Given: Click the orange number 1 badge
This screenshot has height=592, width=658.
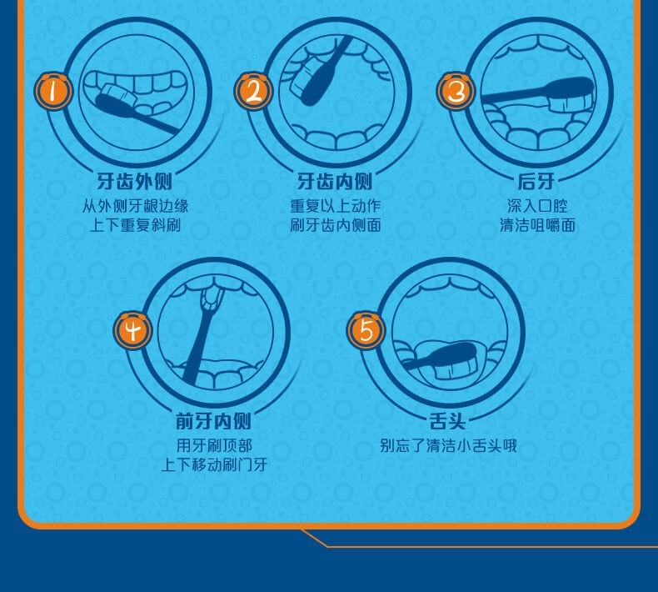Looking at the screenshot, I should (x=54, y=91).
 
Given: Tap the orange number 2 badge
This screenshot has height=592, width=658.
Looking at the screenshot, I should (x=253, y=91).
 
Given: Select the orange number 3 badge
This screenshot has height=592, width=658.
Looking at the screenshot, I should (x=456, y=92).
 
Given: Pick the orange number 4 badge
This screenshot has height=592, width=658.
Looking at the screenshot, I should (x=134, y=331).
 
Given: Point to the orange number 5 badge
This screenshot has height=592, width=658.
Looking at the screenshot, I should (x=366, y=331).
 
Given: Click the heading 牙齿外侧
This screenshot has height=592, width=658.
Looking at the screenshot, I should (x=134, y=181).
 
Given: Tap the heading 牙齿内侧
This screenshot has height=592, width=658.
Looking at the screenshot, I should (x=335, y=181).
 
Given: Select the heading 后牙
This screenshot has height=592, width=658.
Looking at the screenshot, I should (x=536, y=181).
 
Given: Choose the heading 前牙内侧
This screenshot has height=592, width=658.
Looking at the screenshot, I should (x=213, y=421).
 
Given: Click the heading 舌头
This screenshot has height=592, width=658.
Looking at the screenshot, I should (x=448, y=421).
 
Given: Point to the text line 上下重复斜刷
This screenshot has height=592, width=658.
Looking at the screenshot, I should (x=134, y=225).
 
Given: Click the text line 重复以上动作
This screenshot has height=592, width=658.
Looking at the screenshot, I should (x=335, y=205).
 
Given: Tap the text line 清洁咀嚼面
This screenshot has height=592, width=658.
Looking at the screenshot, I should (x=536, y=225).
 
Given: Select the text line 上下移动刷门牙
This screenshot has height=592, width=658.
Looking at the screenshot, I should (x=213, y=465).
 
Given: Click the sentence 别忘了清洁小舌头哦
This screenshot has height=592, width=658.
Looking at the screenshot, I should (x=448, y=445).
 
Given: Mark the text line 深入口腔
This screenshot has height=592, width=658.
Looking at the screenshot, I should (x=536, y=205).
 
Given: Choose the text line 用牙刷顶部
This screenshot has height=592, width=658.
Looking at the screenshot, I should (x=213, y=445).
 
